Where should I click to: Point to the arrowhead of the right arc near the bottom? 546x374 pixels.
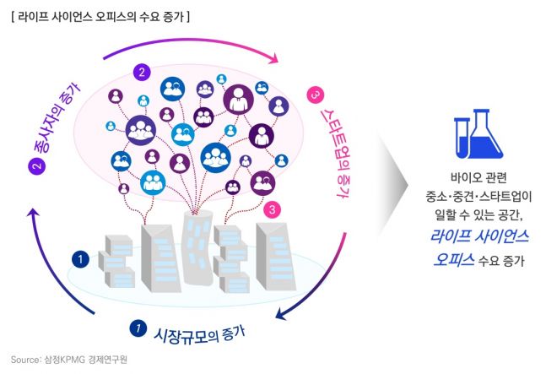pos(283,319)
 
